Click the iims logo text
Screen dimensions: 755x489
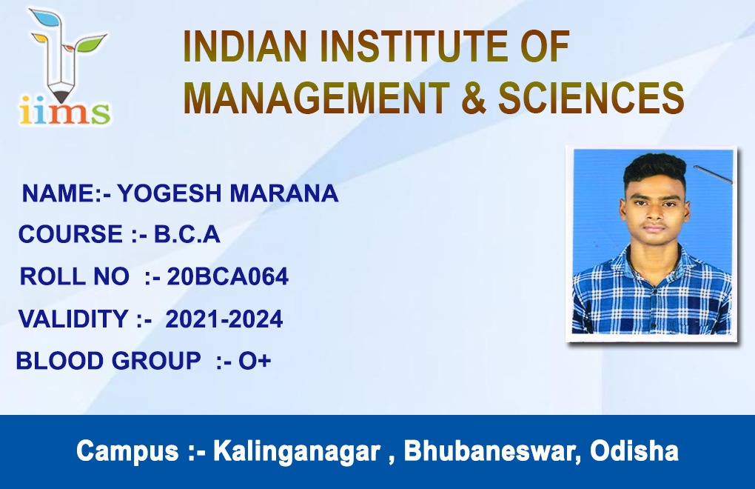pyautogui.click(x=64, y=111)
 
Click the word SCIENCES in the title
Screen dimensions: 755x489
pyautogui.click(x=591, y=97)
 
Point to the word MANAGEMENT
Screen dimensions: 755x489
pyautogui.click(x=316, y=97)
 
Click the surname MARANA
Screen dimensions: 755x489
pyautogui.click(x=284, y=193)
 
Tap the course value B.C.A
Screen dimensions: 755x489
pyautogui.click(x=187, y=235)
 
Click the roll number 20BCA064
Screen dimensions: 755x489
pyautogui.click(x=228, y=276)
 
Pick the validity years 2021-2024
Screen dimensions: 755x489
pyautogui.click(x=224, y=319)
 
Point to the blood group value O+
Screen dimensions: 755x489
pyautogui.click(x=255, y=361)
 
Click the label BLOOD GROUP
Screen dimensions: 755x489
pyautogui.click(x=108, y=361)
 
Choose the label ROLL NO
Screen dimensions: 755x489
pyautogui.click(x=74, y=276)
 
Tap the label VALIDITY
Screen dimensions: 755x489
pyautogui.click(x=73, y=319)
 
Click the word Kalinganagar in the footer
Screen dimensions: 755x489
pyautogui.click(x=297, y=452)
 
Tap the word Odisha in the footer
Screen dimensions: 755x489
pyautogui.click(x=634, y=451)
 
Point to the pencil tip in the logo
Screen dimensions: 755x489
pyautogui.click(x=63, y=92)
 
